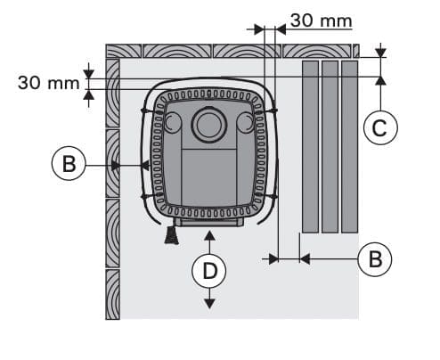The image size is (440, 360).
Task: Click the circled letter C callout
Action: tap(380, 127)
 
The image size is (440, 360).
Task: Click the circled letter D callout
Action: tap(209, 271)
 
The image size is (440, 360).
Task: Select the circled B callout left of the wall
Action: tap(69, 163)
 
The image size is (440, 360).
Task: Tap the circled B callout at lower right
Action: tap(375, 259)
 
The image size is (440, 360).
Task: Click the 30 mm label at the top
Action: tap(322, 20)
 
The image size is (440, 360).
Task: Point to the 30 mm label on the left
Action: tap(48, 83)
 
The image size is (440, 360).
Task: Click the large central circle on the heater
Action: tap(209, 124)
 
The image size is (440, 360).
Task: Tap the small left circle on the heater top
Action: tap(173, 123)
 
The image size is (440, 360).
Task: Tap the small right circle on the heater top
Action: tap(245, 123)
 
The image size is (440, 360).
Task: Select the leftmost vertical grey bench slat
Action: tap(310, 147)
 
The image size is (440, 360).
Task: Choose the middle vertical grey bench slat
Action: tap(330, 147)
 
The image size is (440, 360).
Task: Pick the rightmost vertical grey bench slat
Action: tap(349, 147)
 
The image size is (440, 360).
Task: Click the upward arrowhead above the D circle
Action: tap(209, 236)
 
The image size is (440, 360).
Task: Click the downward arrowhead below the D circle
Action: tap(209, 304)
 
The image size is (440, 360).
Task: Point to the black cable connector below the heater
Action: tap(172, 235)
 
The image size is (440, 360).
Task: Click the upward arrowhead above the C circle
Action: tap(380, 80)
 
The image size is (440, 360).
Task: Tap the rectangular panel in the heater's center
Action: tap(208, 176)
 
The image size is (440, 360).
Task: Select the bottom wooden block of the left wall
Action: tap(113, 295)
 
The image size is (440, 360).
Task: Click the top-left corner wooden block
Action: tap(124, 51)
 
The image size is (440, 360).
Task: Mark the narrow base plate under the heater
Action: tap(209, 222)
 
